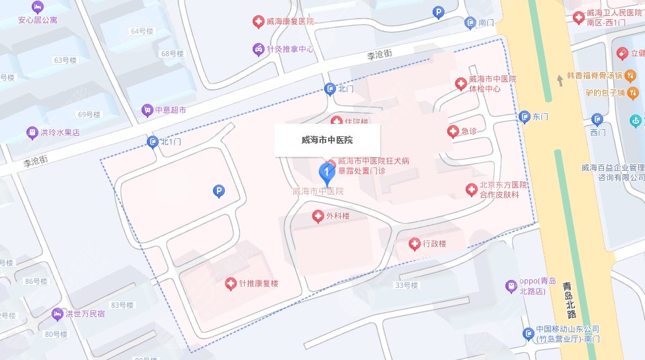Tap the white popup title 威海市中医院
click(327, 140)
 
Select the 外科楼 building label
click(337, 216)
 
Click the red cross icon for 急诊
click(453, 131)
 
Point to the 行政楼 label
click(434, 244)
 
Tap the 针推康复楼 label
click(259, 284)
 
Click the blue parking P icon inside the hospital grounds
click(218, 192)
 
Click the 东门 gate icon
click(524, 117)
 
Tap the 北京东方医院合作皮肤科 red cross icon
click(471, 191)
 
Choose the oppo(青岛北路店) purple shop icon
click(511, 287)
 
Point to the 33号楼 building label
click(406, 285)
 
